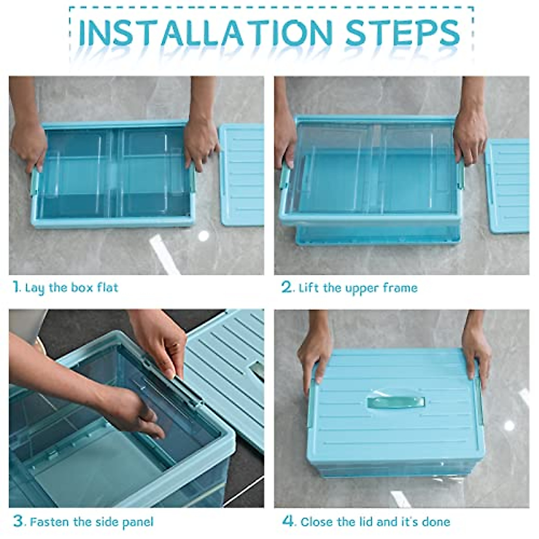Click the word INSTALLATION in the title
pyautogui.click(x=206, y=33)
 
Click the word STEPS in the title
pyautogui.click(x=403, y=33)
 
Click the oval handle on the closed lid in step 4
pyautogui.click(x=396, y=402)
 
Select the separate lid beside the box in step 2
pyautogui.click(x=507, y=186)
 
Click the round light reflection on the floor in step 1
pyautogui.click(x=203, y=236)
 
